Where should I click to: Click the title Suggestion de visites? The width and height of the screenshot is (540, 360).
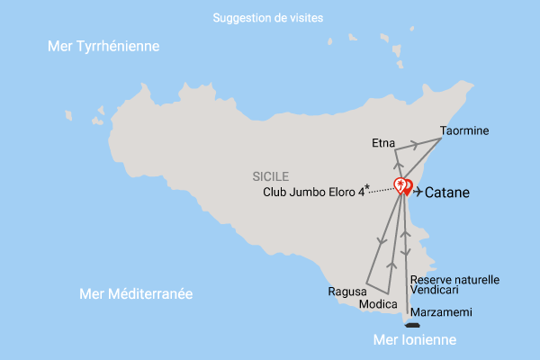click(268, 18)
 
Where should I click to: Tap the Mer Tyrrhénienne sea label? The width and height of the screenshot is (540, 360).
click(103, 46)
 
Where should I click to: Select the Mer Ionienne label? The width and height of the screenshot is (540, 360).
click(415, 340)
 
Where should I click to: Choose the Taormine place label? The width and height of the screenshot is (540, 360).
click(464, 130)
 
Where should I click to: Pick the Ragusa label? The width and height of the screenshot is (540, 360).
click(347, 292)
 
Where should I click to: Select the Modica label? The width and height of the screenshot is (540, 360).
click(378, 304)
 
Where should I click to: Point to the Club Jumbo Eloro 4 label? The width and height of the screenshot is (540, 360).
click(313, 191)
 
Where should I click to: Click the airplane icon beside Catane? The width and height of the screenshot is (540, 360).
click(418, 191)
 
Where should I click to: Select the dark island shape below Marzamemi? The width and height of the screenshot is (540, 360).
click(413, 326)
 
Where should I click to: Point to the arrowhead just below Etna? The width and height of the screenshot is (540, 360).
click(397, 166)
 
